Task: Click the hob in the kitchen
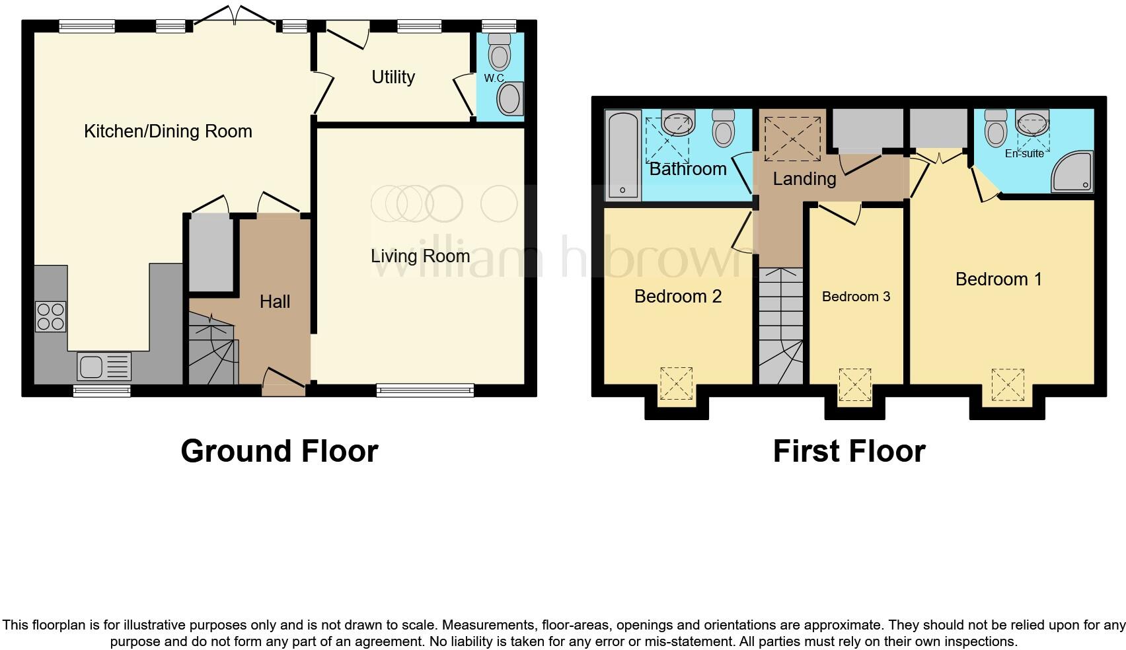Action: (x=50, y=316)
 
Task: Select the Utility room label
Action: (x=393, y=77)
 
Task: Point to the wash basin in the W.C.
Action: (x=510, y=99)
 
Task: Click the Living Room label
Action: (x=420, y=256)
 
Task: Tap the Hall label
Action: (x=274, y=302)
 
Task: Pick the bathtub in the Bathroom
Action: (x=622, y=155)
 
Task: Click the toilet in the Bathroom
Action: (x=724, y=128)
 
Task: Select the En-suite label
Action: (x=1024, y=153)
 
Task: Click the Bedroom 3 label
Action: (x=856, y=297)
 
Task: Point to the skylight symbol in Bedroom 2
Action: (x=676, y=384)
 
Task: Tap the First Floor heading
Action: (x=848, y=451)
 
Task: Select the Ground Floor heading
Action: (x=279, y=451)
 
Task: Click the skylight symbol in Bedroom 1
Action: (x=1007, y=384)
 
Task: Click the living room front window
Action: (x=425, y=390)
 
